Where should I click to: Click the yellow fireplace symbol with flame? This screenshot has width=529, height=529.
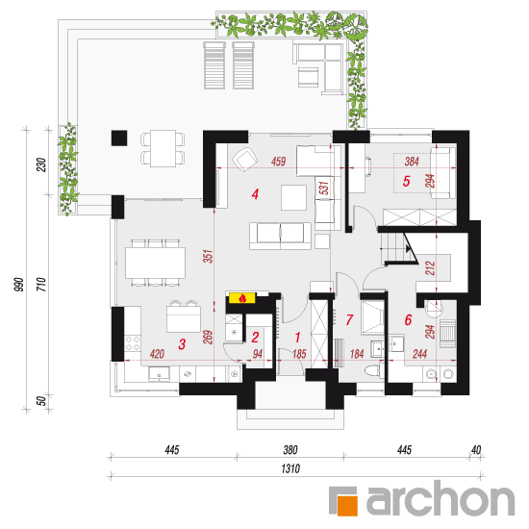242,298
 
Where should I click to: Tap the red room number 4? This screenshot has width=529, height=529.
255,194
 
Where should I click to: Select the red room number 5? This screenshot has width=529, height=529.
406,181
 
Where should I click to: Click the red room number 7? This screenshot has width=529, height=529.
349,319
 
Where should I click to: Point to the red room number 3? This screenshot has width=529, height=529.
182,344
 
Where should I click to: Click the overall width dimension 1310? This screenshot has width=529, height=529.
290,468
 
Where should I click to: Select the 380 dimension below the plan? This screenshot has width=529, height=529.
290,450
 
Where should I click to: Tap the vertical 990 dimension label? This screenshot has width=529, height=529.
19,285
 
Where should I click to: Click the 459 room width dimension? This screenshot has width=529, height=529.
278,162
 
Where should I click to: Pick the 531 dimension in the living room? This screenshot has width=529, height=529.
323,188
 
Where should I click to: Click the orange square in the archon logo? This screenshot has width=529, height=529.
347,505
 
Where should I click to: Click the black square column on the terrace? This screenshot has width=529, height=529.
119,138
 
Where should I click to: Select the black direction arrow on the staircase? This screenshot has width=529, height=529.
409,249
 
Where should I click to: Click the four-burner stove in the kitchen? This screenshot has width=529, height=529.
133,343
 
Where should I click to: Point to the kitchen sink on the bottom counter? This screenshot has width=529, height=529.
159,373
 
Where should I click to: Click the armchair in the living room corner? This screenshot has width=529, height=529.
245,159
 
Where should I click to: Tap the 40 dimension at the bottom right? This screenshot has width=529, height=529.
476,450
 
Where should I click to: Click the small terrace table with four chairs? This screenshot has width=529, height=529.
163,148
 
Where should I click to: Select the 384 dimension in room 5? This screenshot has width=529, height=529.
412,162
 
